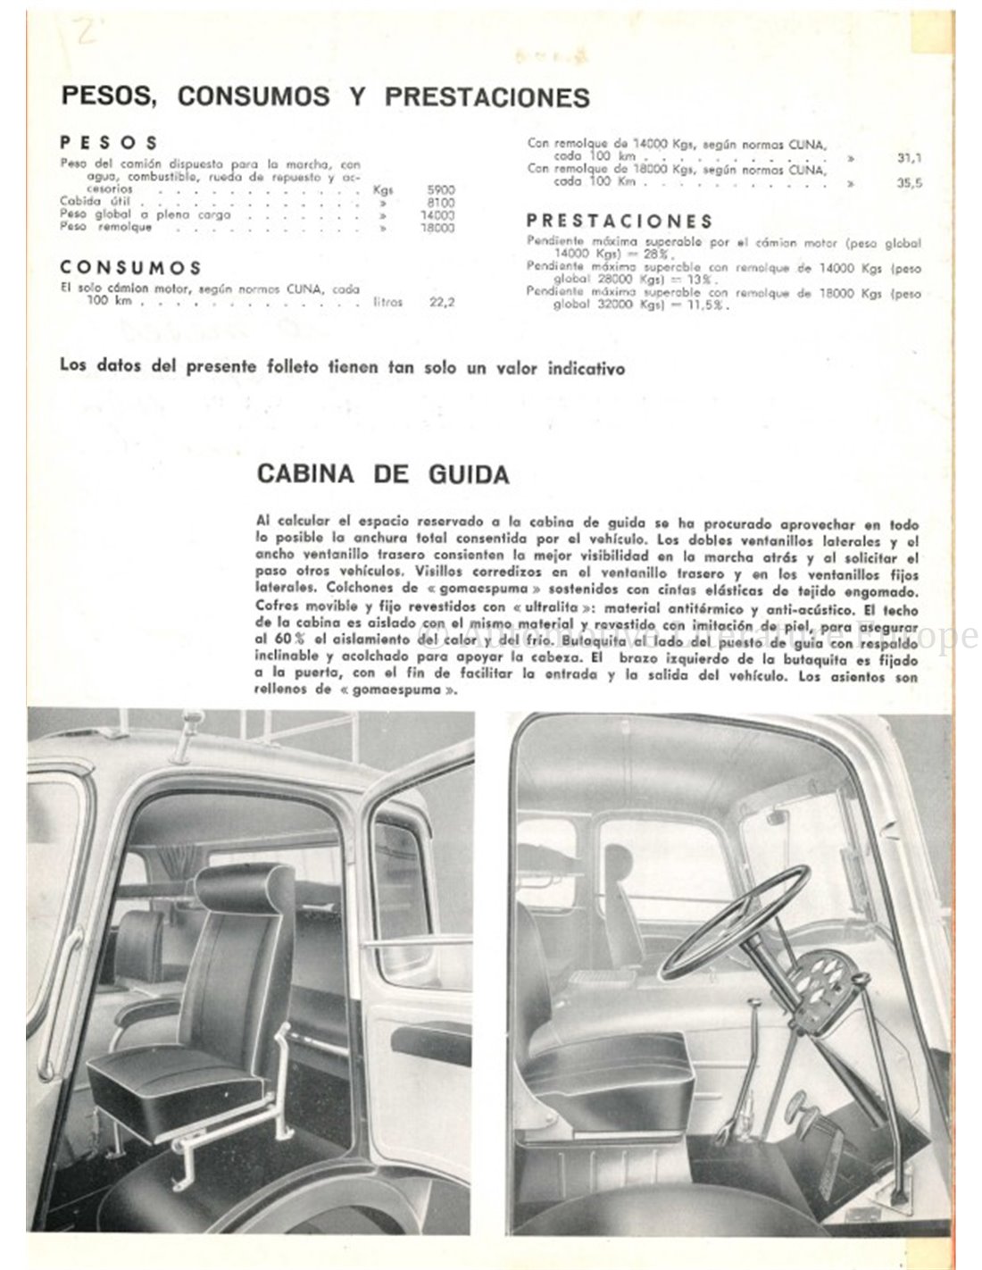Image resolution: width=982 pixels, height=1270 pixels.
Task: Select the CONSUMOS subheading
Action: (x=131, y=268)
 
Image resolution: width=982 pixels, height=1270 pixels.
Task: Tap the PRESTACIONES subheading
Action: (x=620, y=221)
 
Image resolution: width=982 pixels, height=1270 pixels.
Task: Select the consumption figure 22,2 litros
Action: (x=442, y=303)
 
